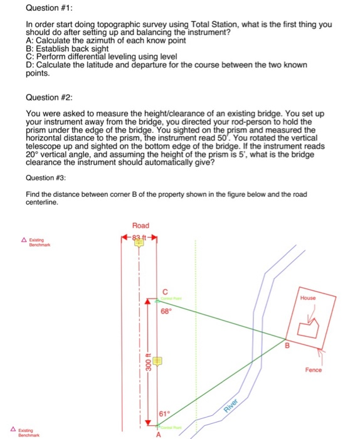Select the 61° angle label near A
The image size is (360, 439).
click(x=163, y=414)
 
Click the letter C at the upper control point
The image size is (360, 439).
click(x=166, y=290)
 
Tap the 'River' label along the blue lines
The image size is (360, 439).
click(x=234, y=405)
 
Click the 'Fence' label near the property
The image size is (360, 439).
click(x=314, y=370)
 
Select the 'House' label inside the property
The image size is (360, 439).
click(x=309, y=299)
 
